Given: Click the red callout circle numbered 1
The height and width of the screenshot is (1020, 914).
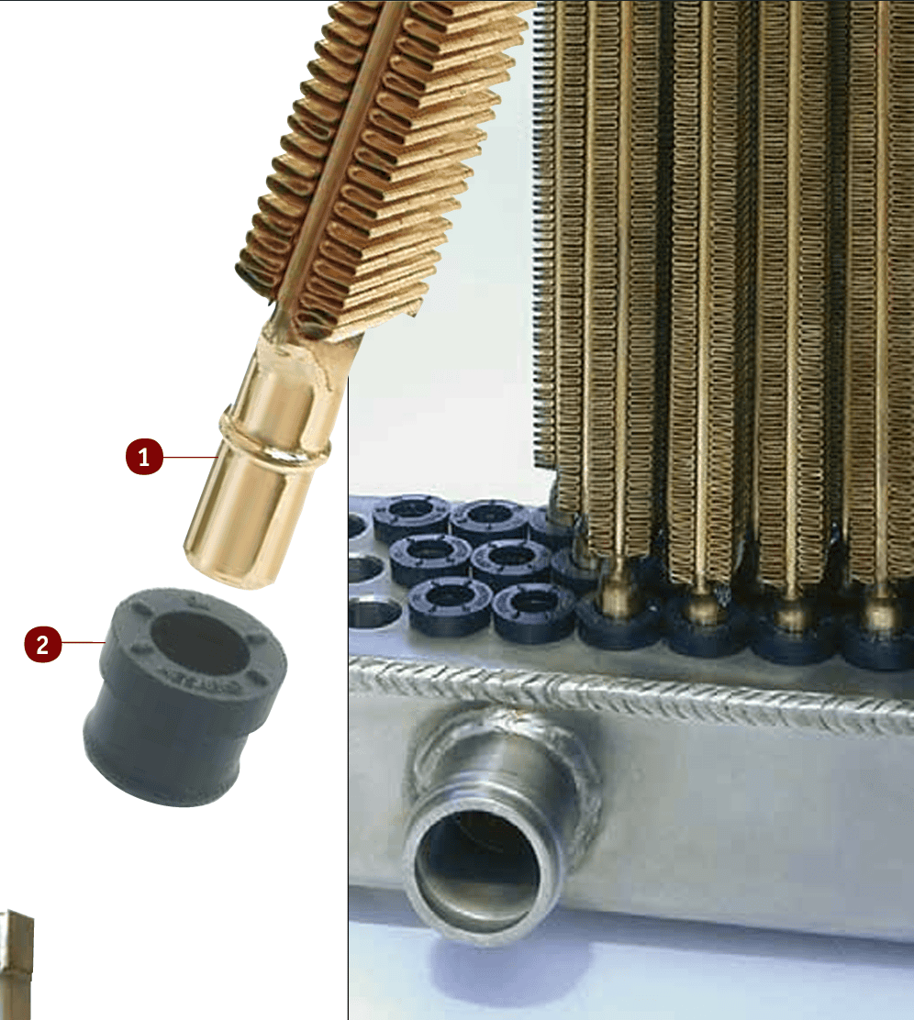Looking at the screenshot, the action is (x=144, y=457).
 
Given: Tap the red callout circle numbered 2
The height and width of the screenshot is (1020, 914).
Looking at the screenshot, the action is (x=43, y=645).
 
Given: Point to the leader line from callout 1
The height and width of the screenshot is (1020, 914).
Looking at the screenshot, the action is (x=190, y=458).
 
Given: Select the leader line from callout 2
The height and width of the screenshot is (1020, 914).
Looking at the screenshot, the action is (x=84, y=643).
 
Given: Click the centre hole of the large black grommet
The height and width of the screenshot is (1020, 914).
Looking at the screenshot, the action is (x=199, y=643).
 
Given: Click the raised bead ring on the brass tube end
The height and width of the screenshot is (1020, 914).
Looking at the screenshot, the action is (x=274, y=435).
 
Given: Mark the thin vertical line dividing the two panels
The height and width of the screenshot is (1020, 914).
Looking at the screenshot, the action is (x=349, y=697).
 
